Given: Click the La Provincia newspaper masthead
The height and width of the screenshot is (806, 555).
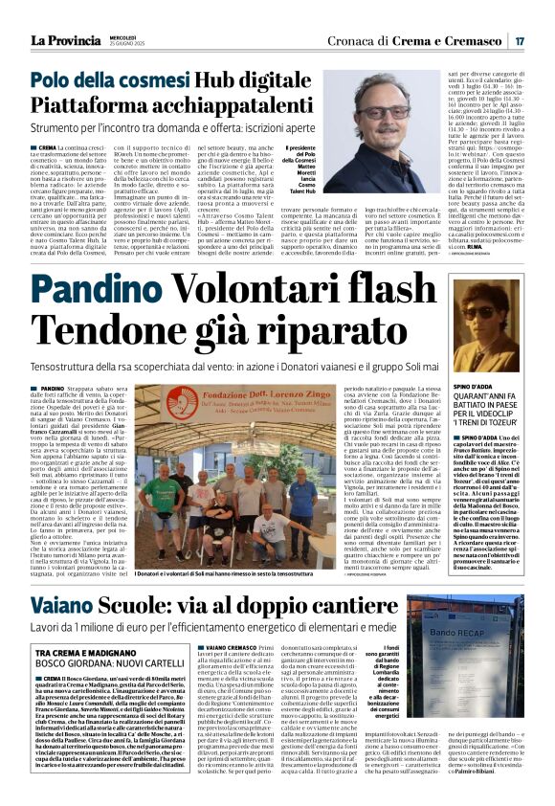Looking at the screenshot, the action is [65, 41].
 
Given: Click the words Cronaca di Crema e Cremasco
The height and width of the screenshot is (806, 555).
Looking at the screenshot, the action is [432, 41].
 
